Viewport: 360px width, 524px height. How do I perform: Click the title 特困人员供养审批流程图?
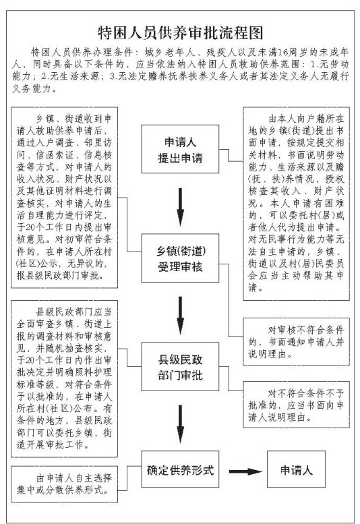(180, 32)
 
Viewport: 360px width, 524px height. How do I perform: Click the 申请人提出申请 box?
(180, 149)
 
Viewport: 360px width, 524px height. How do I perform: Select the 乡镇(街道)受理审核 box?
(180, 258)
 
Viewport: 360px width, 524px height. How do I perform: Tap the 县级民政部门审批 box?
(180, 367)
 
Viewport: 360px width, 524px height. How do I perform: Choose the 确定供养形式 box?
(180, 469)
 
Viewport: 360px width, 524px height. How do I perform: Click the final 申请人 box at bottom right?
(296, 469)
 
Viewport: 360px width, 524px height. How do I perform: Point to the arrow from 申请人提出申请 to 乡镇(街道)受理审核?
(180, 207)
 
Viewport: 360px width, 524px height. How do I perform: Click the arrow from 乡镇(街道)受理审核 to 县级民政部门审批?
(180, 316)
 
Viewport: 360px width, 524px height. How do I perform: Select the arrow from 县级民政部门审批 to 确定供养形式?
(180, 424)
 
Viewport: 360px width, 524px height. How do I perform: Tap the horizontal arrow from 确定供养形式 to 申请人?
(245, 471)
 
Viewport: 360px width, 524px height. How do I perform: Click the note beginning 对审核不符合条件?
(296, 341)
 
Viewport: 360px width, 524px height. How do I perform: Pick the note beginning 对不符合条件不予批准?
(296, 405)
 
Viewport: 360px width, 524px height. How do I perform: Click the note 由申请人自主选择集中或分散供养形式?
(64, 484)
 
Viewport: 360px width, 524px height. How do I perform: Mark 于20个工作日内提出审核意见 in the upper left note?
(64, 233)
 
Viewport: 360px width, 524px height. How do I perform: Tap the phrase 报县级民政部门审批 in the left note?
(60, 275)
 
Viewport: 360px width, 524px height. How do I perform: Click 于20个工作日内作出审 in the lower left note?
(64, 360)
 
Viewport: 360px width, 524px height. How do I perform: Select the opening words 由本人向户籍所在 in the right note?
(306, 119)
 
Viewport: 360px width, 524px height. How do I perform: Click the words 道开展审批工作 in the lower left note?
(53, 445)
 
